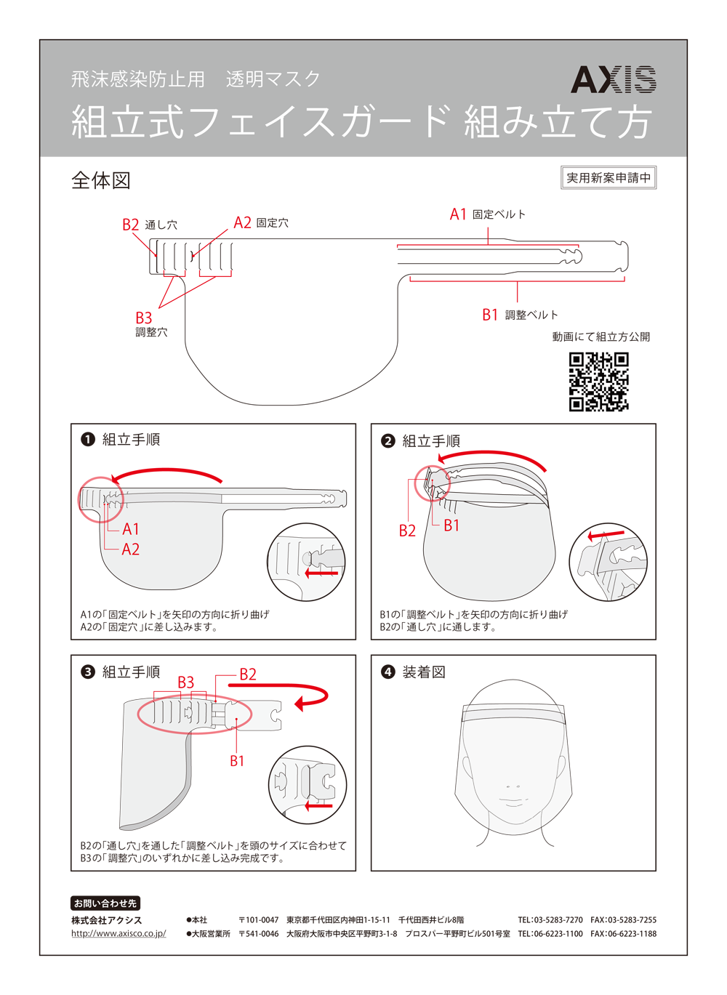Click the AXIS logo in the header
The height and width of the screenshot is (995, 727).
613,79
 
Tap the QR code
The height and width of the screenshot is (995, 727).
598,382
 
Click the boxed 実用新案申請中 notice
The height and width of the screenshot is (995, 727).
608,177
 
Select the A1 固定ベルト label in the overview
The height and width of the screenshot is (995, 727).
487,214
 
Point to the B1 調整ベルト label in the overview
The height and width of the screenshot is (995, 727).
520,315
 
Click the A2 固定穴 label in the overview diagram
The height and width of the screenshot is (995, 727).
261,222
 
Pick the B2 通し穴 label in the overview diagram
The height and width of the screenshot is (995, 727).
149,225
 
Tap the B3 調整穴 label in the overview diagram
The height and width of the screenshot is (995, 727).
150,324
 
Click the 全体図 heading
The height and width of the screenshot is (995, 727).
101,180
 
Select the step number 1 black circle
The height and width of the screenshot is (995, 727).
88,440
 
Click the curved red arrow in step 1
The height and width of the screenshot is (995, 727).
166,474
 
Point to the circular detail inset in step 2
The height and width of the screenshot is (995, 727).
608,562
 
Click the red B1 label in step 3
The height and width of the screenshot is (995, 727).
237,761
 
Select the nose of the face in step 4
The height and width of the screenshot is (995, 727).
513,785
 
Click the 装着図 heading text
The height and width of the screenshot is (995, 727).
424,672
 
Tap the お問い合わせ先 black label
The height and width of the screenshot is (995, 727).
105,903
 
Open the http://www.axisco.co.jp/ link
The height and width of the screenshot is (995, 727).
119,933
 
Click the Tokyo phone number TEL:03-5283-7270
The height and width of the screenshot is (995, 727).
550,919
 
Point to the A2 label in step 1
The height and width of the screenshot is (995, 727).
130,549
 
